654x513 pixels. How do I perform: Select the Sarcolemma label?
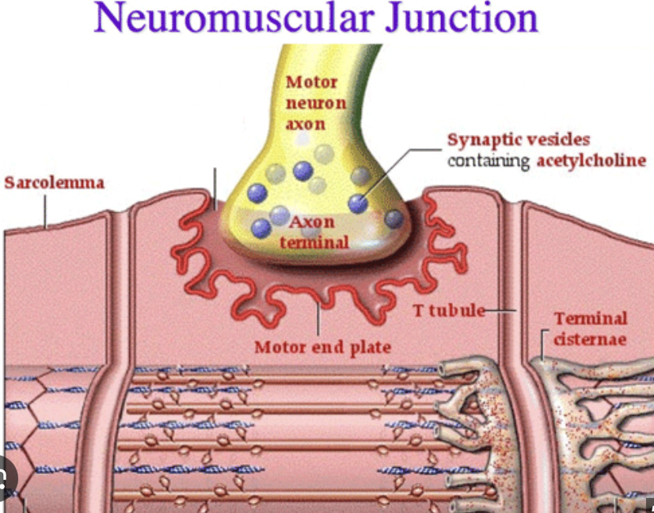(x=54, y=183)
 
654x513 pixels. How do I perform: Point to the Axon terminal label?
(x=314, y=232)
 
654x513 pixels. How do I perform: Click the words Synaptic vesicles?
(x=518, y=140)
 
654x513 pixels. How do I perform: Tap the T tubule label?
(x=449, y=310)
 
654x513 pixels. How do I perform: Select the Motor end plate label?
(x=322, y=347)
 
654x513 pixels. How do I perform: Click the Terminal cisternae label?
(x=590, y=329)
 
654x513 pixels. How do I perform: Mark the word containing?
(x=489, y=161)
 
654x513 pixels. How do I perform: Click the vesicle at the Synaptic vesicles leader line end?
(x=358, y=203)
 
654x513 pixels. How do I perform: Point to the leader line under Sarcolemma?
(x=45, y=210)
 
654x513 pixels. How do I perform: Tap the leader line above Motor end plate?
(x=318, y=321)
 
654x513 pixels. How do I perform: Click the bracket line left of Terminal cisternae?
(x=544, y=342)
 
